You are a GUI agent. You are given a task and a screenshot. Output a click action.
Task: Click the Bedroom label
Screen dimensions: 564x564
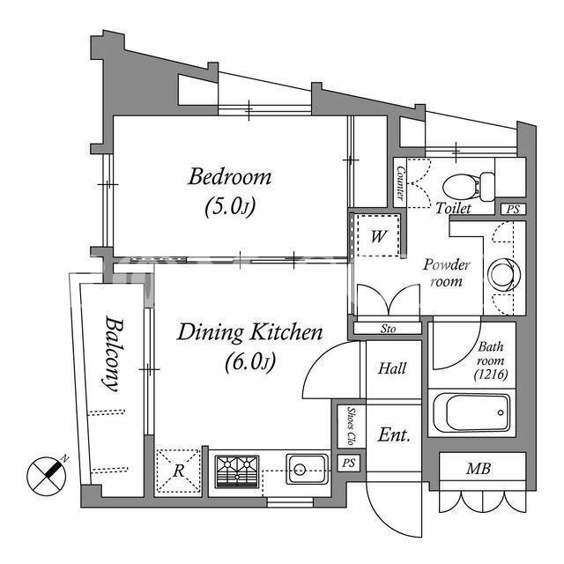(x=229, y=176)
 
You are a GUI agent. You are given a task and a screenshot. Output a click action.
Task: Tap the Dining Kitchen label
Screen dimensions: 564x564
(x=250, y=332)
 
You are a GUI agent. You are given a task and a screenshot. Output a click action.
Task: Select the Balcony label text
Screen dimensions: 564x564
(x=113, y=353)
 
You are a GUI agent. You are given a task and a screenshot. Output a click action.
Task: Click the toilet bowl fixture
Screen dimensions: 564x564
(x=469, y=187)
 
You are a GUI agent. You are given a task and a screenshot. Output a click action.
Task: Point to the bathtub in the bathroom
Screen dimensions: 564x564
(x=471, y=412)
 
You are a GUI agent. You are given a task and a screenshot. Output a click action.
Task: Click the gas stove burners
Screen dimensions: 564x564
(x=237, y=471)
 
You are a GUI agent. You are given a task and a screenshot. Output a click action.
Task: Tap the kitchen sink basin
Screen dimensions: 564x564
(x=307, y=469)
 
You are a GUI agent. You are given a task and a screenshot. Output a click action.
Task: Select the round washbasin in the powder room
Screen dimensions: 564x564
(x=504, y=275)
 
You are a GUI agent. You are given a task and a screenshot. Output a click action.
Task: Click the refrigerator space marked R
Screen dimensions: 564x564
(x=178, y=471)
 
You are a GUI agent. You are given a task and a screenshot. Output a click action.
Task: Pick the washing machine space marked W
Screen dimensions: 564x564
(x=378, y=236)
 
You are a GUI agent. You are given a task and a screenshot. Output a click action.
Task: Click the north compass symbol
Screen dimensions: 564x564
(x=47, y=476)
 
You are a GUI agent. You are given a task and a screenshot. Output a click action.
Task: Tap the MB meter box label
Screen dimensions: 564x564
(x=478, y=469)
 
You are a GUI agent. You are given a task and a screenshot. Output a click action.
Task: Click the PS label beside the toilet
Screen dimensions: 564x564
(x=513, y=210)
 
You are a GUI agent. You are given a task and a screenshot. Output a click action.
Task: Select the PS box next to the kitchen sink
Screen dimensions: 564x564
(x=348, y=463)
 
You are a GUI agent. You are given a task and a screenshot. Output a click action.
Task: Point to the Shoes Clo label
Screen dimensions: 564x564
(x=351, y=427)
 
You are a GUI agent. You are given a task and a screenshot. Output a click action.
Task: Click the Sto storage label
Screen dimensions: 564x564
(x=388, y=329)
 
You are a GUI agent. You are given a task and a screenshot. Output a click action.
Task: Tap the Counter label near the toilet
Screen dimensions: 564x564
(x=400, y=182)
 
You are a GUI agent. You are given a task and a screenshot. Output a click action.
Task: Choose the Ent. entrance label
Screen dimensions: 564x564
(x=394, y=435)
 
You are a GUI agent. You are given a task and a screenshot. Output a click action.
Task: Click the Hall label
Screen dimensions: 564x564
(x=392, y=368)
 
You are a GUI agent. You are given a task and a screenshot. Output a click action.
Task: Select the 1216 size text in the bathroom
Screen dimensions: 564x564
(x=491, y=375)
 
